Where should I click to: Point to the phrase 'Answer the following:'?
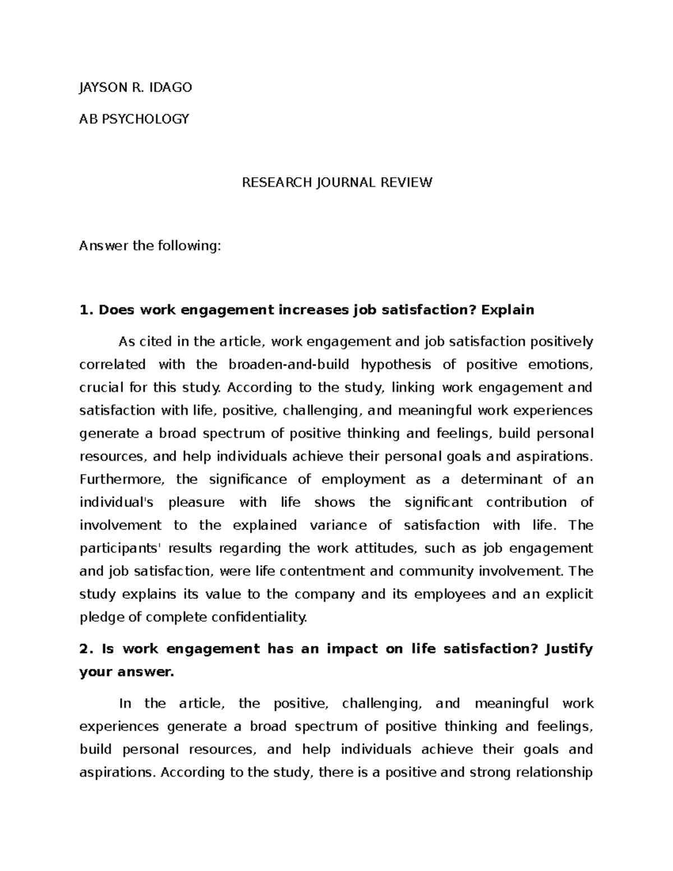pyautogui.click(x=150, y=246)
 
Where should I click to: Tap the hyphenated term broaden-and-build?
pyautogui.click(x=289, y=365)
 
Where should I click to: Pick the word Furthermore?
pyautogui.click(x=121, y=480)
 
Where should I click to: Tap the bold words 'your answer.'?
pyautogui.click(x=127, y=672)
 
